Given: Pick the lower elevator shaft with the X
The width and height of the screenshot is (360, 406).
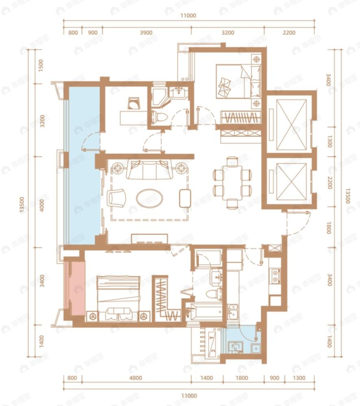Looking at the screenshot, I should click(291, 182).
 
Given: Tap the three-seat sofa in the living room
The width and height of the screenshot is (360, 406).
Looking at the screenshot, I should click(149, 170).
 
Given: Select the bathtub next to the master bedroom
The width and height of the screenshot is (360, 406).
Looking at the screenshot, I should click(205, 311).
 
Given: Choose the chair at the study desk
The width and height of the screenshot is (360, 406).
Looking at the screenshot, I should click(134, 103).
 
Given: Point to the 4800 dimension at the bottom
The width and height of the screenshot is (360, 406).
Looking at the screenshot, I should click(136, 378).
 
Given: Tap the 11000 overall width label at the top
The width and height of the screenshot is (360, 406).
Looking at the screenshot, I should click(188, 16).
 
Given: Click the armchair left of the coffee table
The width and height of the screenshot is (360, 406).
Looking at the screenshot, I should click(117, 198).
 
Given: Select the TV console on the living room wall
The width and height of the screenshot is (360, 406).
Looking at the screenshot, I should click(149, 239).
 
